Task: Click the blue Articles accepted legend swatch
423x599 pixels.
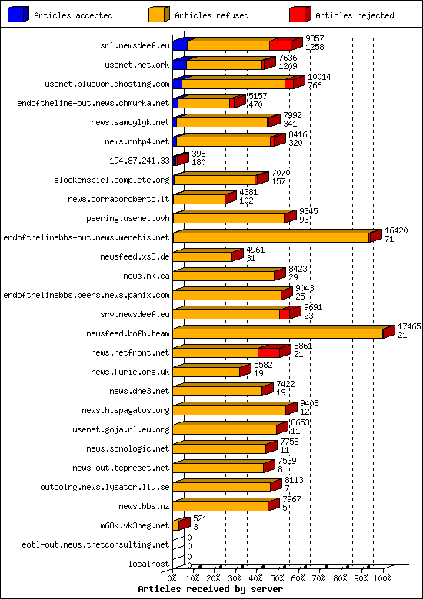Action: coord(18,15)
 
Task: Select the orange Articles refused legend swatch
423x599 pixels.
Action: coord(158,15)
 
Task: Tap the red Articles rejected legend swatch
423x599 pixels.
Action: coord(299,15)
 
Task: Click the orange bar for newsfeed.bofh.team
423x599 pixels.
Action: coord(277,333)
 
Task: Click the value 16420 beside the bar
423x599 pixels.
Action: coord(396,230)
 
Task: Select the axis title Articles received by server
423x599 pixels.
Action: coord(210,589)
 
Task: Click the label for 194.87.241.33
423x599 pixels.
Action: coord(140,161)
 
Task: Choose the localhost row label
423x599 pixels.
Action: coord(149,564)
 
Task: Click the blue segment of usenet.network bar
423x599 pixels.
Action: coord(180,65)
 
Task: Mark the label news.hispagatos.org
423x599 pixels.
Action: coord(125,410)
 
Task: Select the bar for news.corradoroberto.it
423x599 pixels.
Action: coord(199,199)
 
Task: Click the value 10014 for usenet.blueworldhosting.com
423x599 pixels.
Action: coord(318,77)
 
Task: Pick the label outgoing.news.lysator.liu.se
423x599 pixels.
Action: coord(105,487)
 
